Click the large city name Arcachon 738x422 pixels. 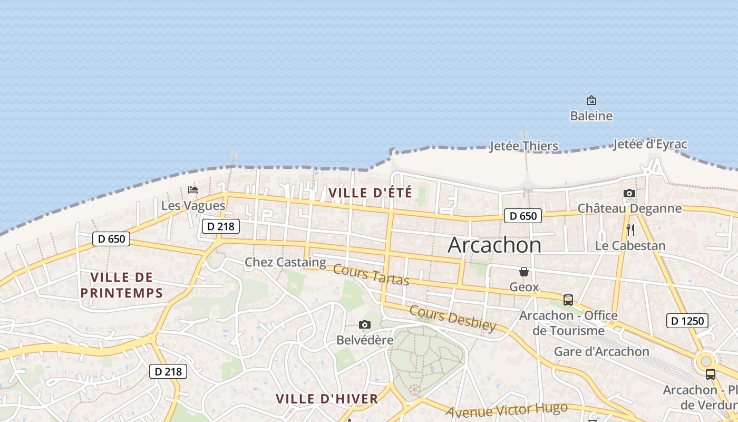(x=494, y=245)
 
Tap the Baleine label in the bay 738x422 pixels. (x=591, y=116)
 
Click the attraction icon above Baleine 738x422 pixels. (x=591, y=100)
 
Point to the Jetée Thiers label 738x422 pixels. (x=523, y=146)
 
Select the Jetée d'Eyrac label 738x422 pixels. (x=650, y=145)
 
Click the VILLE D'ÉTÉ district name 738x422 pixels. (x=370, y=193)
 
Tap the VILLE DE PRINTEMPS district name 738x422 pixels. (x=122, y=285)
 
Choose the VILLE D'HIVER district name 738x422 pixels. (x=327, y=399)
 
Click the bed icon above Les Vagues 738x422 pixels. (x=193, y=190)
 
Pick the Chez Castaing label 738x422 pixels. (x=285, y=262)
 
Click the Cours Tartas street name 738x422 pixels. (x=371, y=275)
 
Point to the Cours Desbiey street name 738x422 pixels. (x=453, y=318)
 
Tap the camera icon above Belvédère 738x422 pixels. (x=364, y=324)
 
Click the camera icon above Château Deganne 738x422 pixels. (x=629, y=194)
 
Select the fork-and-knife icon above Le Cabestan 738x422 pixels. (x=630, y=230)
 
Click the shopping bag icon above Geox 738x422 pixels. (x=524, y=272)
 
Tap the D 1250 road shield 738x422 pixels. (x=687, y=320)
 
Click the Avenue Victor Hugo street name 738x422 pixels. (x=507, y=409)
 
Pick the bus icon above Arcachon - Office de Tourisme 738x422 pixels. (x=568, y=300)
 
